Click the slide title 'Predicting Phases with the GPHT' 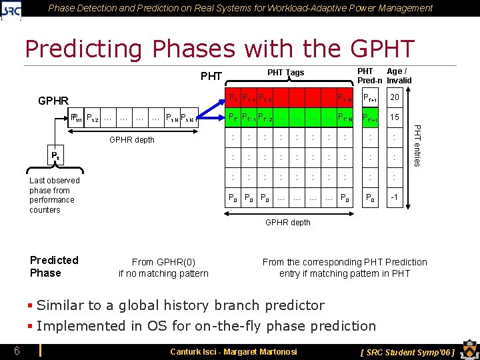pos(219,49)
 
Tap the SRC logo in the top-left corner pos(12,9)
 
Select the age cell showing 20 pos(394,97)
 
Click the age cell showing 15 pos(394,117)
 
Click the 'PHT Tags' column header pos(285,73)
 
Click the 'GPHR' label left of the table pos(53,101)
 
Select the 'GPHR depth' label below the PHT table pos(287,222)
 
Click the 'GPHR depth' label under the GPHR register pos(131,140)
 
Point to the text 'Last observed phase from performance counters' pos(54,195)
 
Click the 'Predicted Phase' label pos(54,266)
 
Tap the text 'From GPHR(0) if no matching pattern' pos(163,267)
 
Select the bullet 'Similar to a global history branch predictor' pos(180,305)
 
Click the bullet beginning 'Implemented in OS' pos(206,325)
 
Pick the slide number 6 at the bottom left pos(16,351)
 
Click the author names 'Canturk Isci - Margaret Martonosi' pos(233,351)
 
